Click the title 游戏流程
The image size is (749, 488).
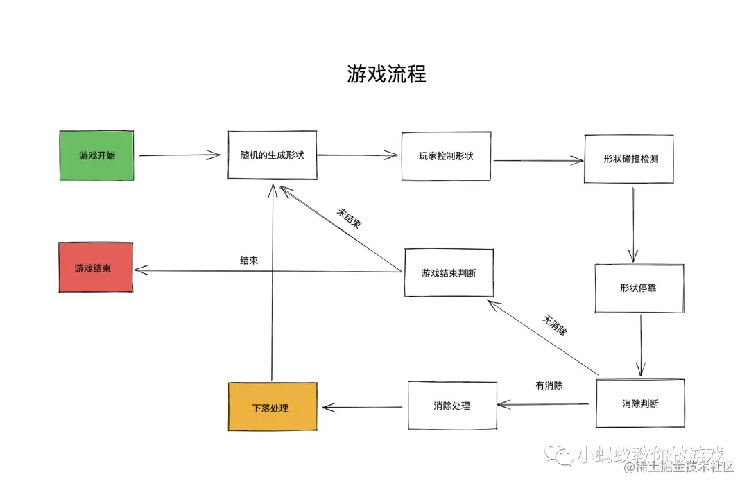tap(386, 73)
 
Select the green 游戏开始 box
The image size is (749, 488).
tap(97, 155)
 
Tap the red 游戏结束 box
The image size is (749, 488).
tap(96, 267)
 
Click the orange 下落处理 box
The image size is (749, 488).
tap(273, 407)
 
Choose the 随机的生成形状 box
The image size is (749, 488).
tap(273, 155)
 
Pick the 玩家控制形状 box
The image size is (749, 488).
tap(447, 155)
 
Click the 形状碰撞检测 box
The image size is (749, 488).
tap(629, 159)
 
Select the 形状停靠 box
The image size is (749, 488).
tap(639, 287)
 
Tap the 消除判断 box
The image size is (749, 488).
tap(640, 402)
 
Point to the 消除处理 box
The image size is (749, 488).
tap(452, 405)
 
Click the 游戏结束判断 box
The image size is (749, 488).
tap(449, 272)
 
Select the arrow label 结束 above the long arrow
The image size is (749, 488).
tap(250, 261)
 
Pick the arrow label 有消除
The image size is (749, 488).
tap(548, 385)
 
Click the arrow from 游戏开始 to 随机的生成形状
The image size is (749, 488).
tap(179, 155)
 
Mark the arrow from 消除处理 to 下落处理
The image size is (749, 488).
tap(361, 406)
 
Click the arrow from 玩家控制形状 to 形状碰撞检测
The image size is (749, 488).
tap(538, 160)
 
